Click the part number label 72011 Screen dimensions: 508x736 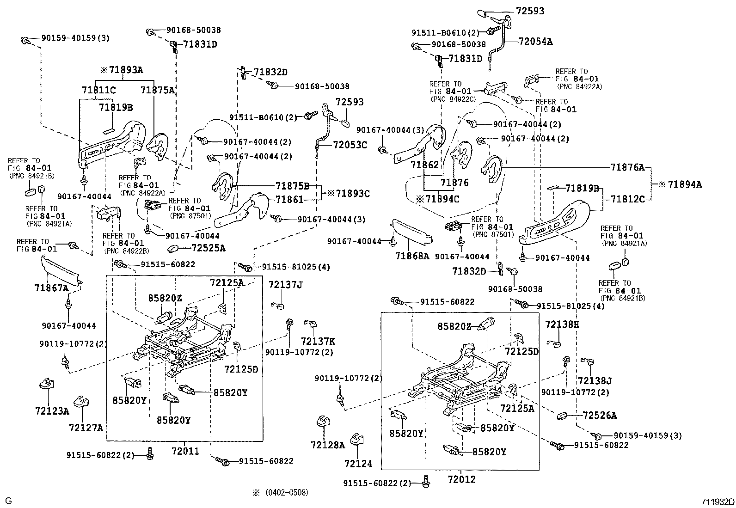click(185, 450)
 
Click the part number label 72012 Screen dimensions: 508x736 click(461, 479)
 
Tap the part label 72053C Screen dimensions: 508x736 click(350, 145)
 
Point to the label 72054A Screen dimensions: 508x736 click(535, 41)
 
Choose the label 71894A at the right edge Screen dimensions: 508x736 click(683, 184)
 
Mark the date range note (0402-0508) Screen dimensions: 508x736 click(286, 492)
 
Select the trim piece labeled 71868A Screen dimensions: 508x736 click(411, 231)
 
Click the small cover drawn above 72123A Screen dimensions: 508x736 click(45, 383)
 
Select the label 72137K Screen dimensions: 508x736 click(318, 341)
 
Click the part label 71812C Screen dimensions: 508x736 click(627, 199)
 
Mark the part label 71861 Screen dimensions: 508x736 click(289, 199)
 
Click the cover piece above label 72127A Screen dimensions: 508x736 click(81, 402)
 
